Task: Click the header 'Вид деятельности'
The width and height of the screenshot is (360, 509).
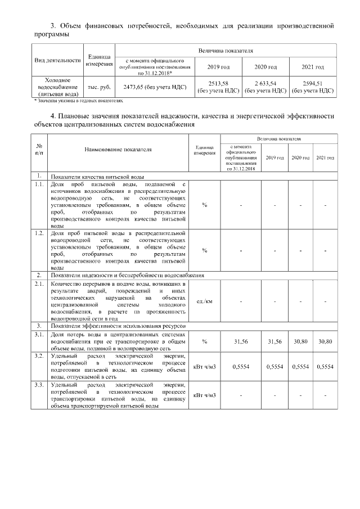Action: coord(58,60)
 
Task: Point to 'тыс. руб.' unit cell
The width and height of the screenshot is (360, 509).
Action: coord(98,87)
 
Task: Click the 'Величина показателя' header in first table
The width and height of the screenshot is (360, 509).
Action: coord(225,51)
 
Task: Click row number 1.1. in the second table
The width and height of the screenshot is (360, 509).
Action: coord(38,184)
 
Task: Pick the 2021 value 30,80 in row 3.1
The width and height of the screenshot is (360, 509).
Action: coord(325,341)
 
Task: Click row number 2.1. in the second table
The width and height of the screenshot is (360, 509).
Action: coord(38,285)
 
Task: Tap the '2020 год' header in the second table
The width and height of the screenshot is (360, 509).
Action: coord(300,158)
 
